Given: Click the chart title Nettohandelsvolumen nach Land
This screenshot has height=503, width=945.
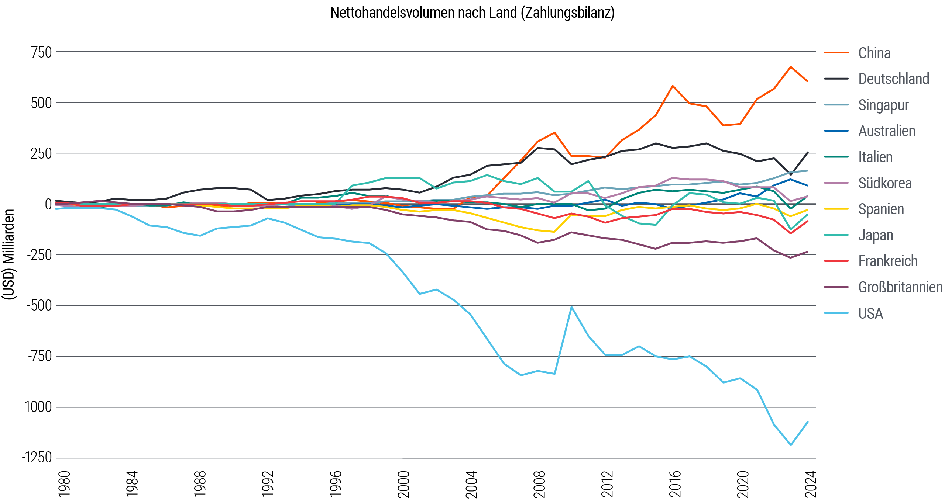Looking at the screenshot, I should coord(472,13).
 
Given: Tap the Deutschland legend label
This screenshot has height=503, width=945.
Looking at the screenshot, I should coord(893,79).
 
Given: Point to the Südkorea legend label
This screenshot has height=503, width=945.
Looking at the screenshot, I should coord(884,183).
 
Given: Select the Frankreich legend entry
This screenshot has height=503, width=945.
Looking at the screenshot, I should coord(887,261).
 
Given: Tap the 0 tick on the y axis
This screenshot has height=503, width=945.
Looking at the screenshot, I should coord(48,204).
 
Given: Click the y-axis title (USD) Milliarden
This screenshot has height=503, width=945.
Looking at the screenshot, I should coord(8,254).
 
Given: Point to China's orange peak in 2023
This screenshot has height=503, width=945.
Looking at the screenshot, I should coord(790,67).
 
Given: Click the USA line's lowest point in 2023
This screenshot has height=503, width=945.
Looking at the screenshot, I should coord(791,445).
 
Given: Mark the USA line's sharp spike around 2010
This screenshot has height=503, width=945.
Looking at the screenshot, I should coord(571,307).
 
